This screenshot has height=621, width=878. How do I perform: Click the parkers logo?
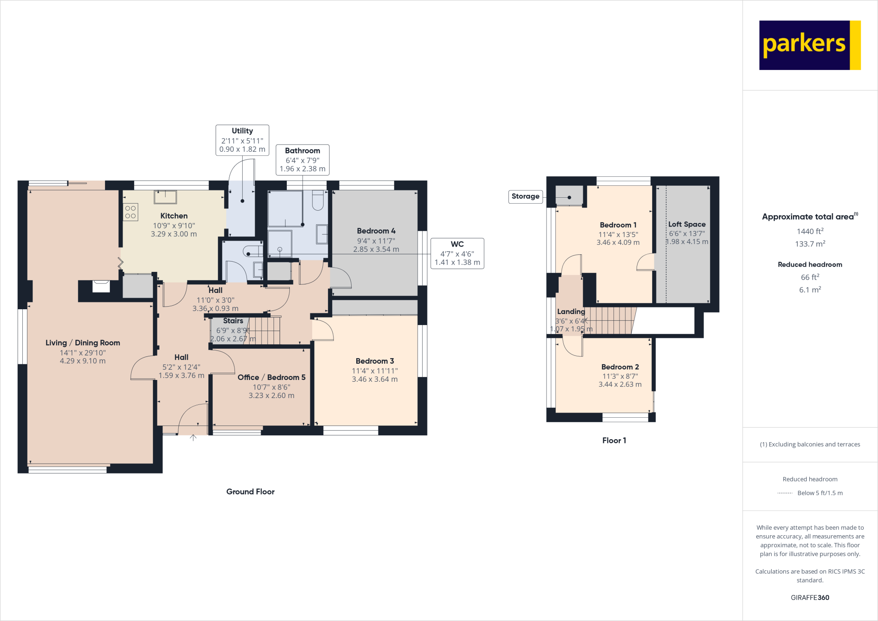click(809, 45)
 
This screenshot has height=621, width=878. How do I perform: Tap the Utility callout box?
click(242, 140)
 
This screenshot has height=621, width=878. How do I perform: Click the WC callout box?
click(457, 253)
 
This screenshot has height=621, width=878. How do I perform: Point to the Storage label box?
click(525, 196)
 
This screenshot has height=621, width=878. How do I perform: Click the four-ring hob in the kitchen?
click(130, 212)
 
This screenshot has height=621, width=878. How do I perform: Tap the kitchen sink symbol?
click(165, 197)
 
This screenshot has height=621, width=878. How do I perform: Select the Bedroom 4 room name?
click(376, 231)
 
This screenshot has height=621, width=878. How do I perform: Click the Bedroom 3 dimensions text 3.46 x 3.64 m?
click(375, 379)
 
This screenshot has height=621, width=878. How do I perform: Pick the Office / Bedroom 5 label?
click(271, 377)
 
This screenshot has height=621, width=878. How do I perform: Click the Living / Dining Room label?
click(83, 343)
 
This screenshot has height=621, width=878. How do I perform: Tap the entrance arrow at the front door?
click(193, 437)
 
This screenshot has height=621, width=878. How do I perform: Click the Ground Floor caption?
click(250, 491)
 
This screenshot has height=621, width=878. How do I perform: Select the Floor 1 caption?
click(614, 440)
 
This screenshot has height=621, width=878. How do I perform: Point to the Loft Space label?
click(686, 224)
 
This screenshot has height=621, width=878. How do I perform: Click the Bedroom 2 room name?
click(620, 367)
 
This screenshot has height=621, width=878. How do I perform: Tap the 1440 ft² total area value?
click(810, 231)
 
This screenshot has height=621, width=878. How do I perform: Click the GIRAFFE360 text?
click(810, 597)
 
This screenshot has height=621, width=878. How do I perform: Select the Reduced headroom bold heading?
click(810, 265)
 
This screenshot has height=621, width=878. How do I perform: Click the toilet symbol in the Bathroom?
click(318, 201)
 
